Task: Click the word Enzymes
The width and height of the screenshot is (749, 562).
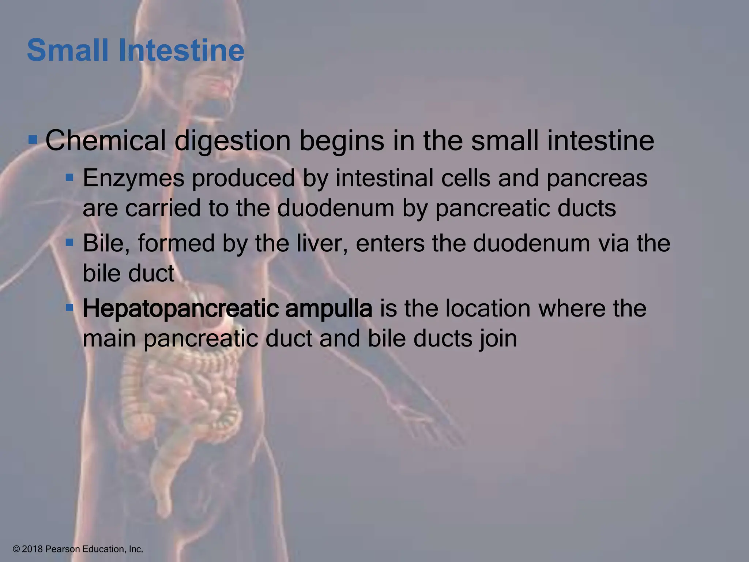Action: click(x=133, y=179)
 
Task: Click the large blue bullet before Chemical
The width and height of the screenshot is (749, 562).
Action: click(x=33, y=140)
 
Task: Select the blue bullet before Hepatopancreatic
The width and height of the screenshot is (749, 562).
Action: click(x=69, y=307)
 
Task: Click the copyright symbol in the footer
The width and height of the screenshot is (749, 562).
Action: click(x=16, y=549)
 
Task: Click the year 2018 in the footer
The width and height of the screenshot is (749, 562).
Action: click(x=32, y=549)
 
